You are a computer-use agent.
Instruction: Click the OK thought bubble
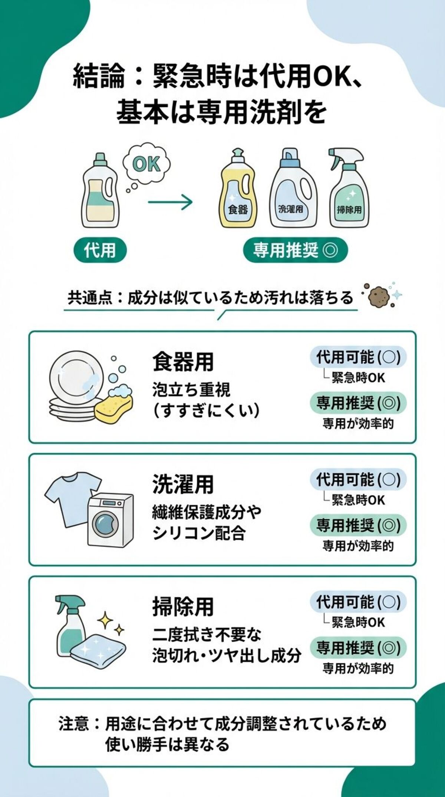[x=146, y=163]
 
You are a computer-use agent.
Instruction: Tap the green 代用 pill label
[x=100, y=250]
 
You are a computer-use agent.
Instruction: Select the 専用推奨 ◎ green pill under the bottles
[x=295, y=251]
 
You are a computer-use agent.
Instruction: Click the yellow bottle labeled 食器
[x=237, y=193]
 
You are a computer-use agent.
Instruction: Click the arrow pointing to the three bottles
[x=170, y=202]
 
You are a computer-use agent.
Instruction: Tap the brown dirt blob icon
[x=378, y=296]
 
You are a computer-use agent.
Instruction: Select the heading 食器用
[x=183, y=362]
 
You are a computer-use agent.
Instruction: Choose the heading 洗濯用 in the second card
[x=183, y=484]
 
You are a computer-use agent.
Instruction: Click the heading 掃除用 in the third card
[x=183, y=606]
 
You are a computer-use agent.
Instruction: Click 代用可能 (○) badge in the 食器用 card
[x=358, y=357]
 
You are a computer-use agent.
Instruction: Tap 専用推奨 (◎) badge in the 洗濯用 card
[x=358, y=525]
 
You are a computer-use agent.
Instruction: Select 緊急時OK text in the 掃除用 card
[x=358, y=622]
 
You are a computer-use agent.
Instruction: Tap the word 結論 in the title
[x=99, y=78]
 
